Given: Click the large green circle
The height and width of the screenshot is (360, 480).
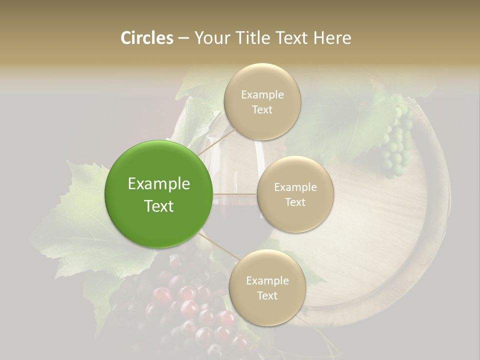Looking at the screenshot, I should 159,194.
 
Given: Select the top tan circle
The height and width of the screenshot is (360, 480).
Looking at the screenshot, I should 262,101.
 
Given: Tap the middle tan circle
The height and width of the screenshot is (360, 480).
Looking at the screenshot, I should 295,194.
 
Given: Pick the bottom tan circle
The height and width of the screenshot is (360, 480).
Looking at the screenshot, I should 267,287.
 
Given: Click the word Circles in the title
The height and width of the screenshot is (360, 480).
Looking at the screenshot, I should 147,38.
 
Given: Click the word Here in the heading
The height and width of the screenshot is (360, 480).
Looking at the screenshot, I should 332,38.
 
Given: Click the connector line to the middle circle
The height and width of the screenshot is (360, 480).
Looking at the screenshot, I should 235,194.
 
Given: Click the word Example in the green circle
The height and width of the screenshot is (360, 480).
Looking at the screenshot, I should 159,183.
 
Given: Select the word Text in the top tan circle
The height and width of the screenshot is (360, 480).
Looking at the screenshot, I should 262,109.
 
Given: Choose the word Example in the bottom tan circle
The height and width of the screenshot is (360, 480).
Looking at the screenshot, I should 267,280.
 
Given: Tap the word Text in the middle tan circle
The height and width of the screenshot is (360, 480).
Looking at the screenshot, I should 295,202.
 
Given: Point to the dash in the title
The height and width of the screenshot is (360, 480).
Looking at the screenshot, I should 183,38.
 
